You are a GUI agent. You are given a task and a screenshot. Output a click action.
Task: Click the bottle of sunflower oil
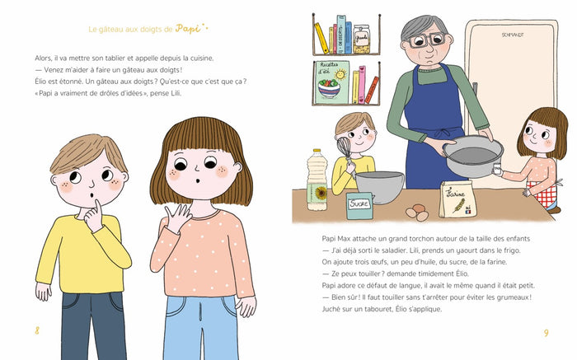coord(317,182)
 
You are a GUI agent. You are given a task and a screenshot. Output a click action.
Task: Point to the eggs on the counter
coord(418,213)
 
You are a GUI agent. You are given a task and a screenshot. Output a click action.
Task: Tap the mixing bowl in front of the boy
coord(378,186)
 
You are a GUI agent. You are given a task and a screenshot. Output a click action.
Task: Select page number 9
coord(546,332)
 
